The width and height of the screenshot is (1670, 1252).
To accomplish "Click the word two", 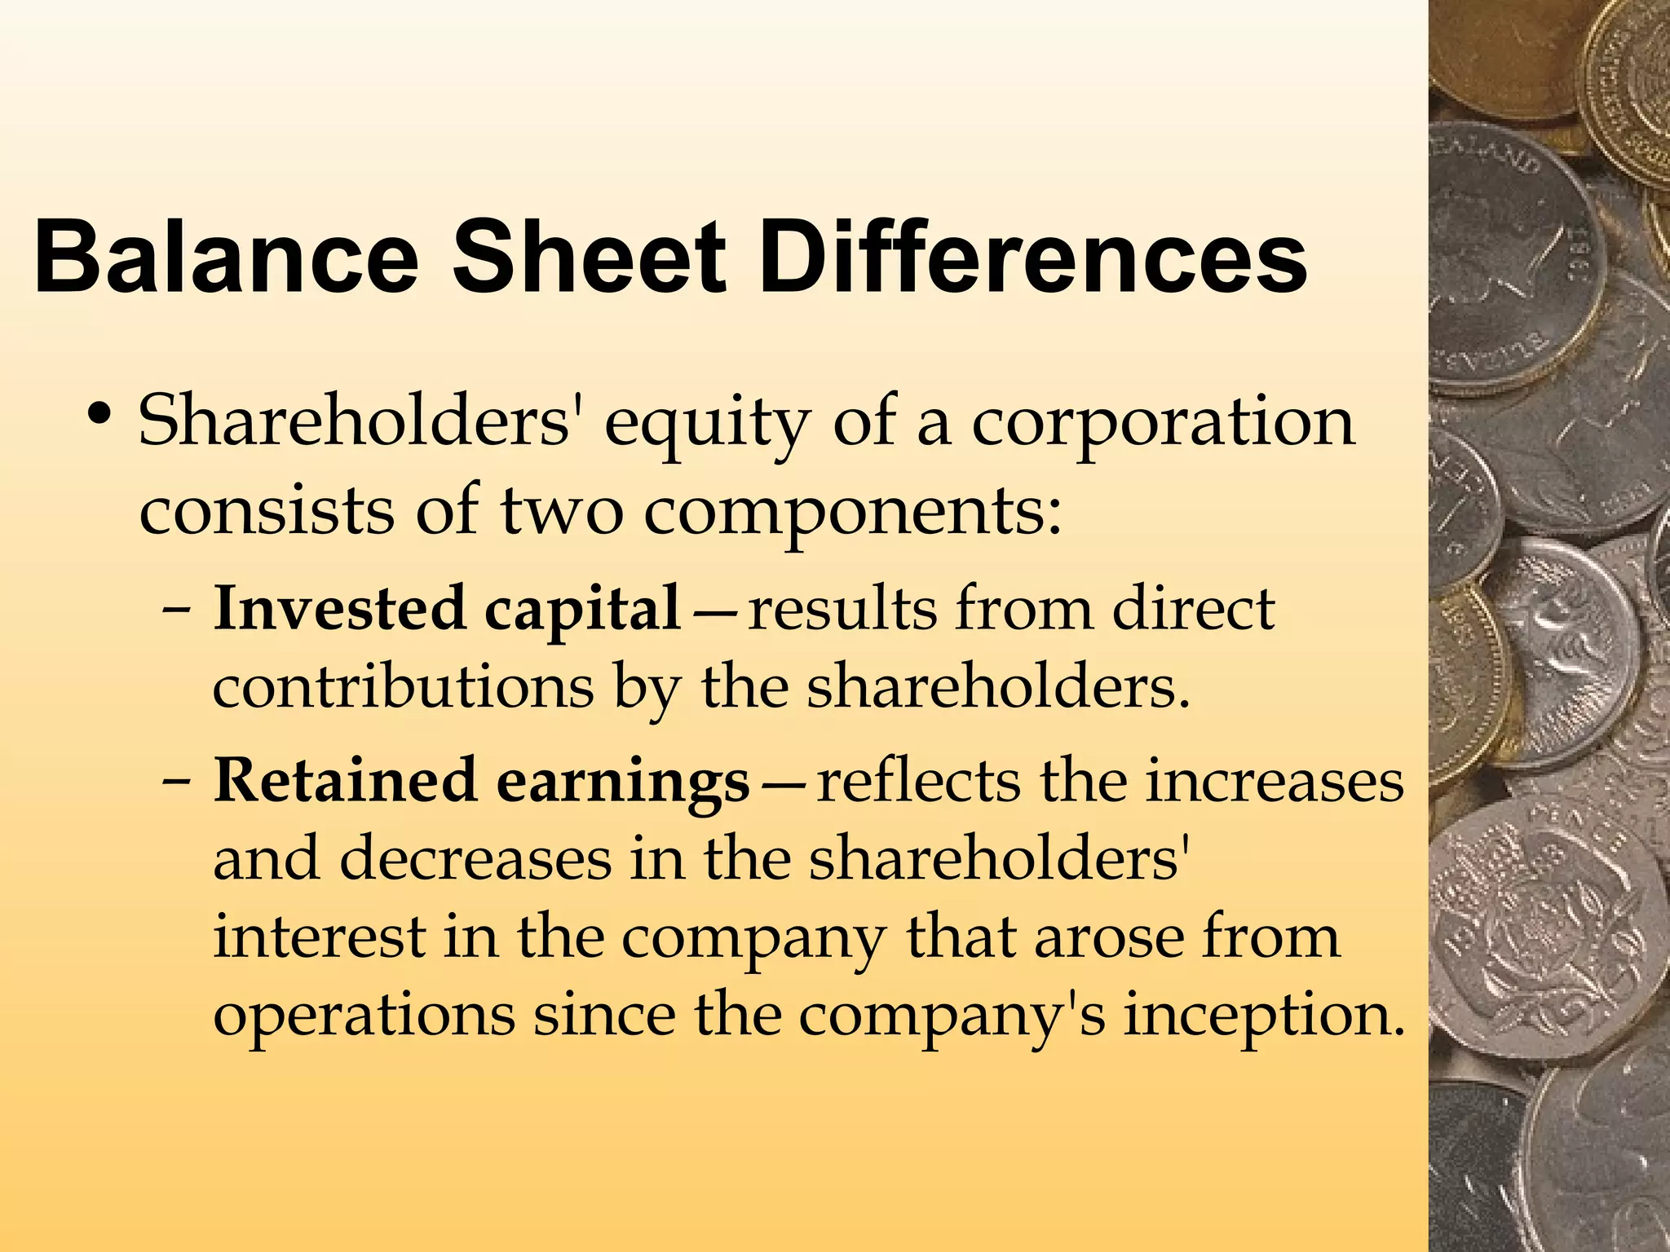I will pyautogui.click(x=561, y=511).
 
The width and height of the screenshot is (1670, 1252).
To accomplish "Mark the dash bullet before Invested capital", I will pyautogui.click(x=179, y=610).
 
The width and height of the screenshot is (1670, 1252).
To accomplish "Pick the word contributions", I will pyautogui.click(x=403, y=686).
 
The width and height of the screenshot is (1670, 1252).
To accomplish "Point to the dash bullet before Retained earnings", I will pyautogui.click(x=179, y=781).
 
